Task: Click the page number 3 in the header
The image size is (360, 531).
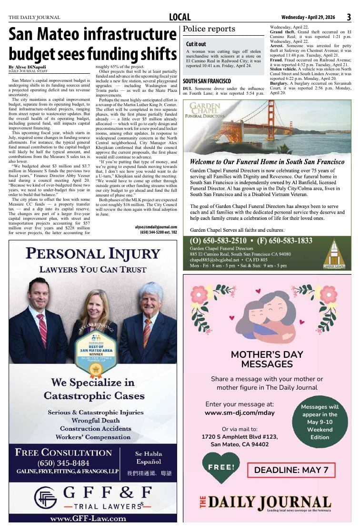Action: coord(349,17)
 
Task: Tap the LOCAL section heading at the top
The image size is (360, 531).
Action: coord(180,17)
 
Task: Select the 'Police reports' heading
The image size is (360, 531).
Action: coord(209,29)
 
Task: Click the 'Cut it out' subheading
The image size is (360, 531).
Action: coord(196,44)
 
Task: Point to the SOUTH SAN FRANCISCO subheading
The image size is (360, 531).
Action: coord(207,81)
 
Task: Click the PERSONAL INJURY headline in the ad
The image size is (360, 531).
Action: coord(93,253)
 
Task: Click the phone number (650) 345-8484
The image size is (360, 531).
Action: coord(63,463)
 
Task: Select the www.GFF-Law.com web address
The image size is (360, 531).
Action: coord(88,519)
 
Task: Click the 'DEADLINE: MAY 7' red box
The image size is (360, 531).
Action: coord(291,470)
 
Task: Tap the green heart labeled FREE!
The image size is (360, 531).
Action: coord(221,467)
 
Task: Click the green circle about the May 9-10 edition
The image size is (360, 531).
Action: coord(320,422)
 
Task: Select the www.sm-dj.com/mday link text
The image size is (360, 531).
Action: coord(240,413)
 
